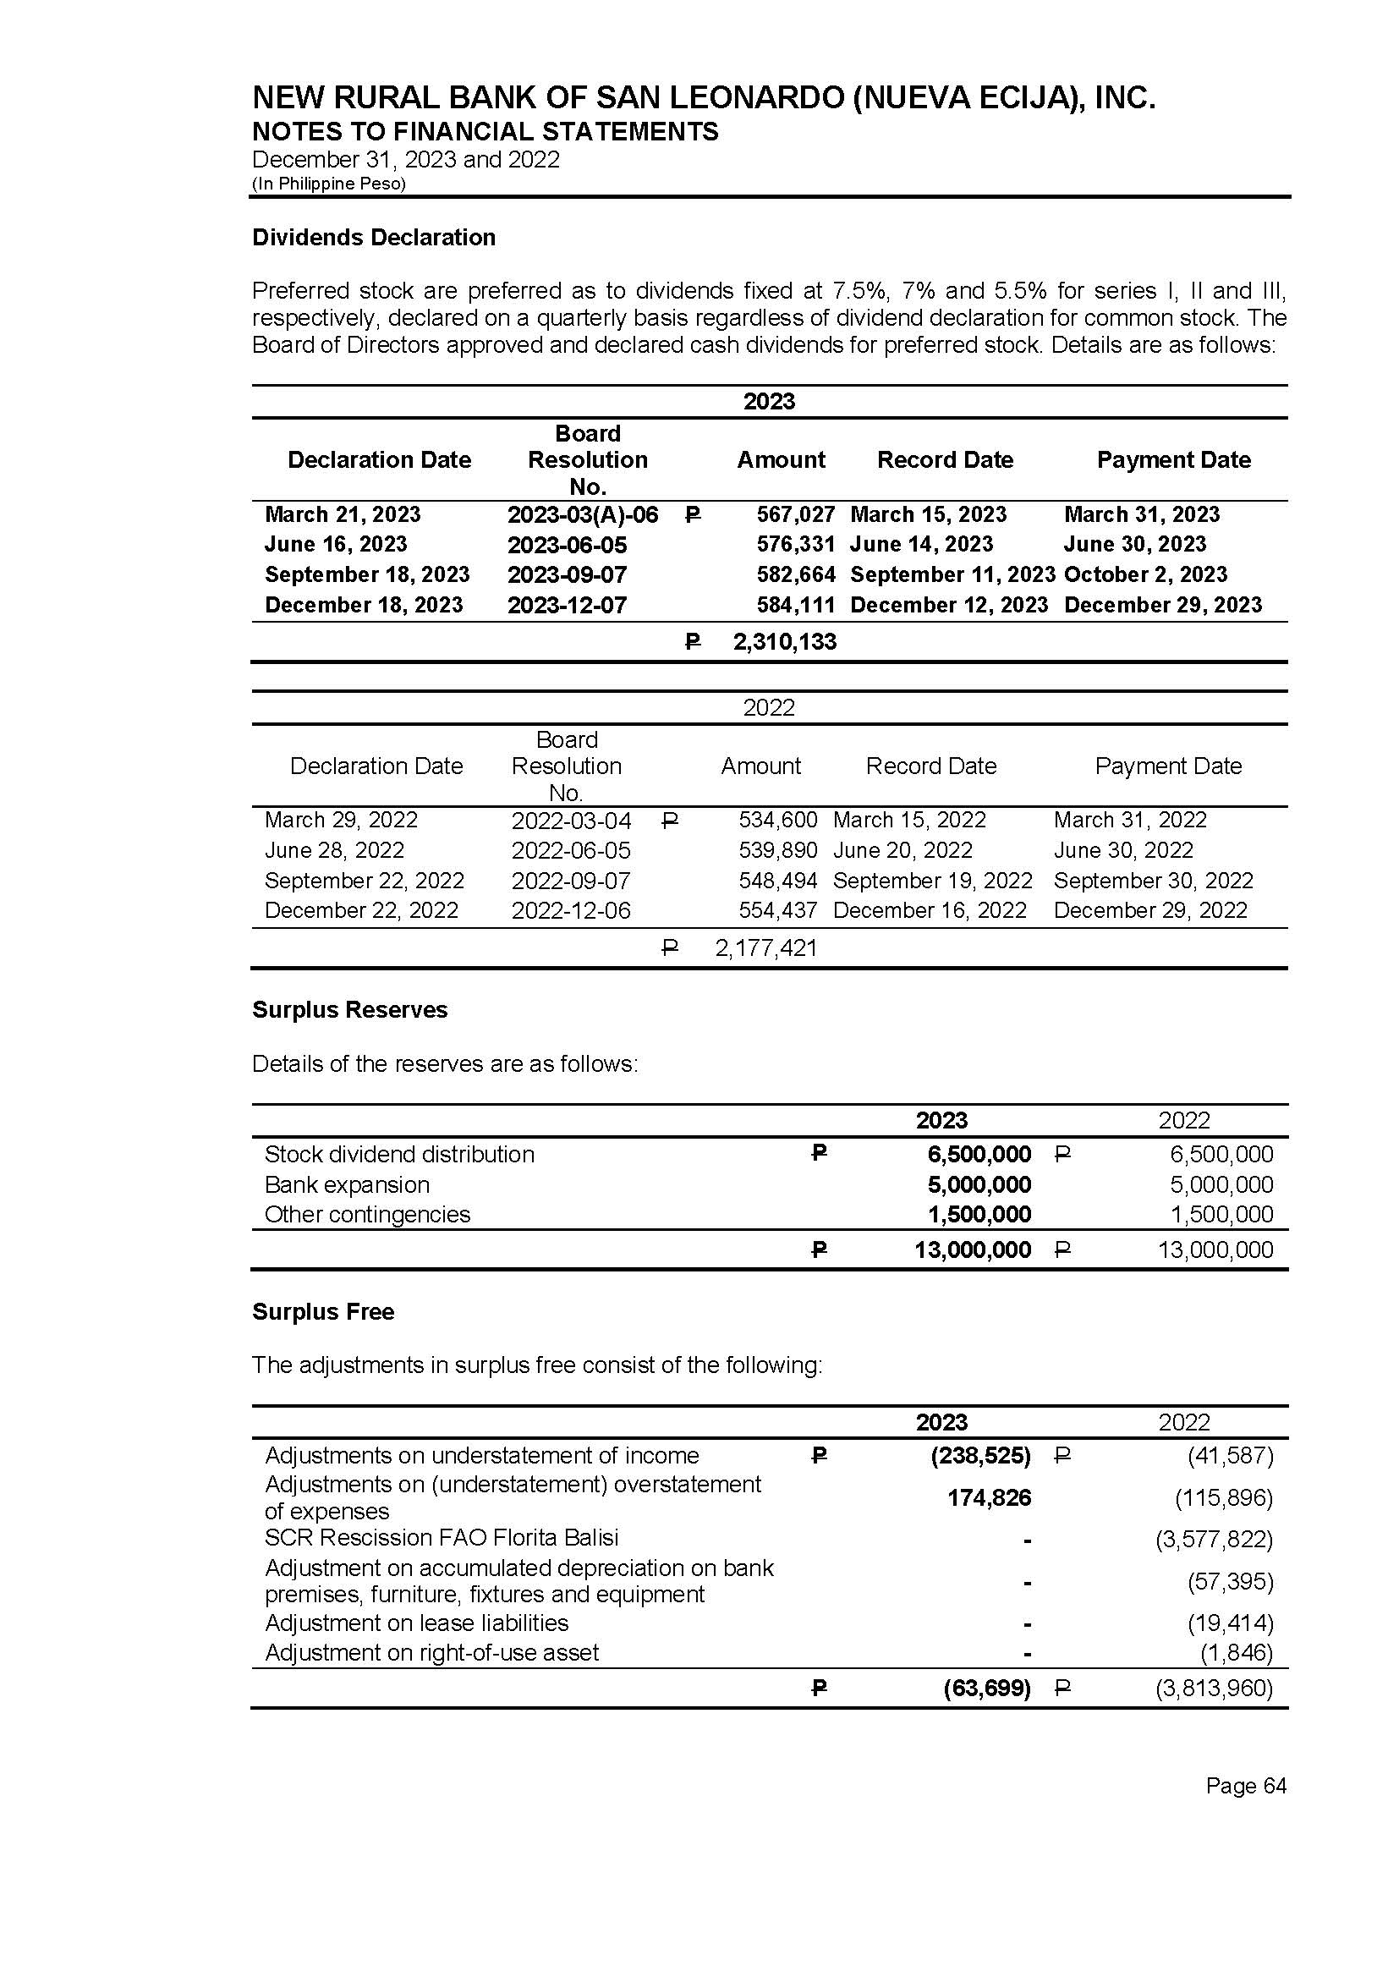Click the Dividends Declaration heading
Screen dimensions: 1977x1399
coord(373,238)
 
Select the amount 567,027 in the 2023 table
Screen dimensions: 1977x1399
coord(795,514)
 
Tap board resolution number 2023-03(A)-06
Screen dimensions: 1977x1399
coord(582,515)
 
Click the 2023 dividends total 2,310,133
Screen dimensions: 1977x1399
coord(784,642)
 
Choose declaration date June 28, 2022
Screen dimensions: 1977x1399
coord(334,850)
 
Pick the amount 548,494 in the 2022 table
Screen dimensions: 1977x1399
coord(778,881)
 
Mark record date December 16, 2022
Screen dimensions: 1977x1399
coord(930,910)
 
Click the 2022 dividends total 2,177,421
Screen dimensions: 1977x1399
coord(765,948)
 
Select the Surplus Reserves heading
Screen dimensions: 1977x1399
coord(350,1009)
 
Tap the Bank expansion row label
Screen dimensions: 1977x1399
coord(346,1184)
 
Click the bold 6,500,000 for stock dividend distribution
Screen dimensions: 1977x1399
coord(979,1155)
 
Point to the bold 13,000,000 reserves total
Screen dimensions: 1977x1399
coord(973,1250)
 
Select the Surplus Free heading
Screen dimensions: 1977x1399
coord(323,1312)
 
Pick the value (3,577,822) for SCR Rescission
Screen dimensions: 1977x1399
coord(1214,1540)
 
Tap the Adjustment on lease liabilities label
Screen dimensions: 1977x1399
coord(416,1623)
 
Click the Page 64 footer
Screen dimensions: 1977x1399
coord(1246,1786)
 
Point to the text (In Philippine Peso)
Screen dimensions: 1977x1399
coord(328,184)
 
